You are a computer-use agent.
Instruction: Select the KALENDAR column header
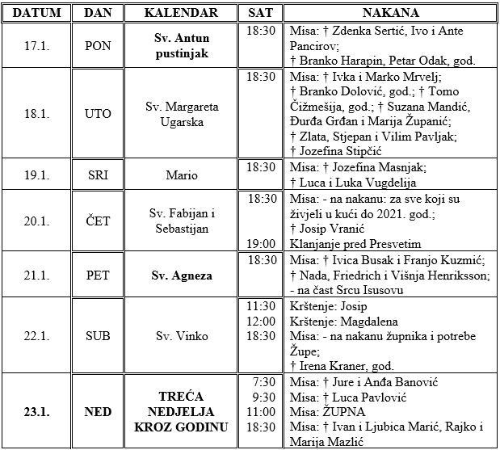181,13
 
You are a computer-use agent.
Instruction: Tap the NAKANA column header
390,13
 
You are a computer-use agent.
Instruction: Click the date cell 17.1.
36,45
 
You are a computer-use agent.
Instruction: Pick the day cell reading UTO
98,114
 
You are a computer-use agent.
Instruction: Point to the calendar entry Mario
182,174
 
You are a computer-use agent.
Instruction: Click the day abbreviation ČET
98,221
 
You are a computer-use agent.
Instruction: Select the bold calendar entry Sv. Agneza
182,275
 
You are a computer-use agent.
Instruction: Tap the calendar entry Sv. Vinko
182,335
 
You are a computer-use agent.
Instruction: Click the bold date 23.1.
36,411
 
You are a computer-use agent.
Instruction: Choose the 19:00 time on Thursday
262,242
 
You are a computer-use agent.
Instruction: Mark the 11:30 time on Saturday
262,305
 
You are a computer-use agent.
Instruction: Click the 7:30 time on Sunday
262,381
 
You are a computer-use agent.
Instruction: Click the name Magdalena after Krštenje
368,321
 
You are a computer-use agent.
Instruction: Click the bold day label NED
98,411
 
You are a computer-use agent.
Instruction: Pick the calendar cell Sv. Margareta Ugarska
182,114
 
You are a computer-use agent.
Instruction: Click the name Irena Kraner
330,366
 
